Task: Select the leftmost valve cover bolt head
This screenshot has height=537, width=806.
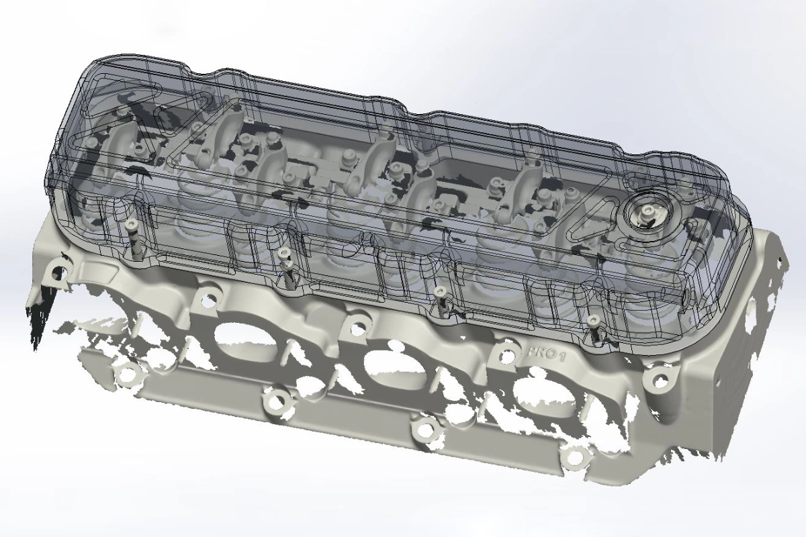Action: click(130, 224)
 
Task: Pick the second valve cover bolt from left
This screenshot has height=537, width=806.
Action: click(284, 253)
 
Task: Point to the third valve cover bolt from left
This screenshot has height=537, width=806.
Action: click(439, 291)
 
